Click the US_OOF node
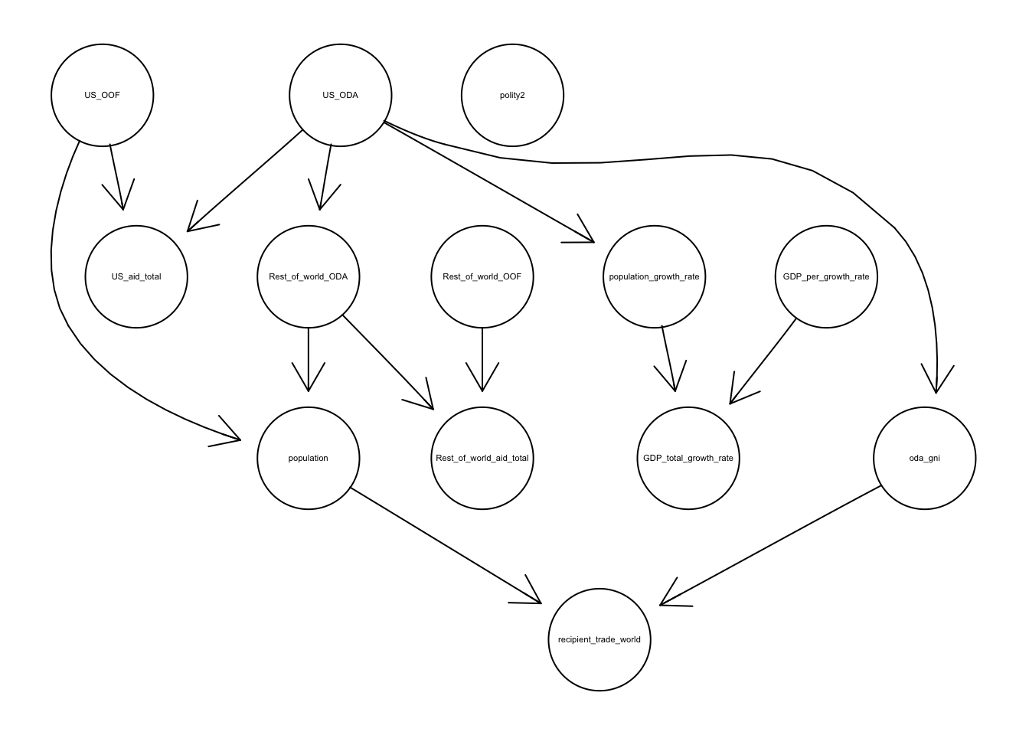tap(102, 96)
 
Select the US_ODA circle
tap(340, 96)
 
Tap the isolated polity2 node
tap(512, 96)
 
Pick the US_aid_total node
tap(136, 276)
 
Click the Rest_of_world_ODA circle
tap(309, 276)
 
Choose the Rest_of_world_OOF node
tap(482, 276)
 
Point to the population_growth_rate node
tap(654, 276)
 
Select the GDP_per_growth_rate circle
tap(826, 276)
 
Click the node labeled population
tap(309, 458)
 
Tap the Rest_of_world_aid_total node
tap(482, 458)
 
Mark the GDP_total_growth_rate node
tap(688, 458)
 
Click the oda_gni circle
tap(924, 458)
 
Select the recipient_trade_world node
tap(599, 639)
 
